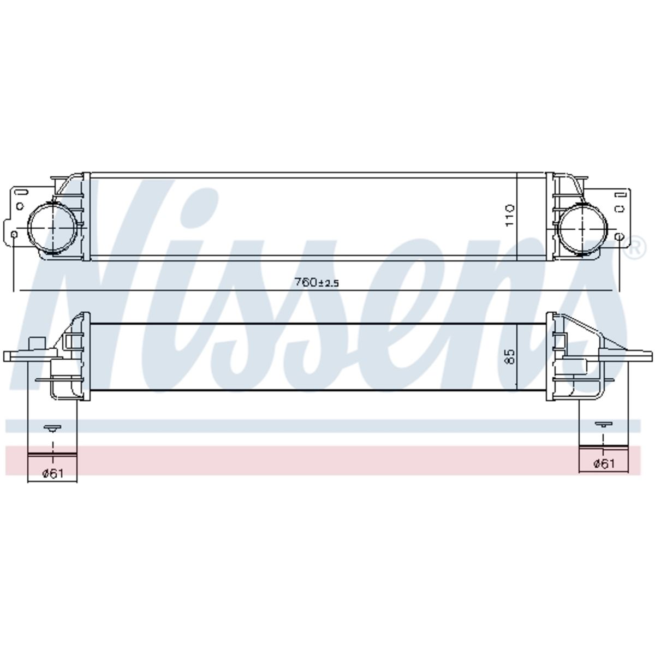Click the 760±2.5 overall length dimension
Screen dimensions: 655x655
coord(317,282)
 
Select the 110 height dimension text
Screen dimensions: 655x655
coord(509,216)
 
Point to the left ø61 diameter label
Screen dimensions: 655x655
coord(53,473)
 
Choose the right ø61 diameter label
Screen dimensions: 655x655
coord(604,463)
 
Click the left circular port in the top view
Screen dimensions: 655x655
coord(53,227)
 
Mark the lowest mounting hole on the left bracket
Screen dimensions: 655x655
coord(14,234)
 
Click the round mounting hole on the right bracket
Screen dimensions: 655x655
coord(620,236)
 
